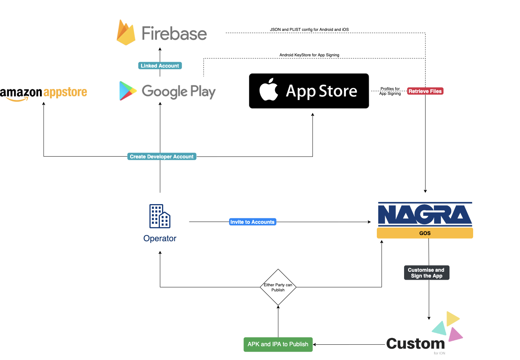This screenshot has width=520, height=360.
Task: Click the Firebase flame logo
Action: coord(126,33)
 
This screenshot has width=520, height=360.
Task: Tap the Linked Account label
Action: coord(160,66)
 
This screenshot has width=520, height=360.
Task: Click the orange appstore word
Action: coord(65,92)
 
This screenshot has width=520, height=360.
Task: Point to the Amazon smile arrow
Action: coord(17,99)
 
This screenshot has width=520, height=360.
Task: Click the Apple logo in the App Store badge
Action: coord(269,89)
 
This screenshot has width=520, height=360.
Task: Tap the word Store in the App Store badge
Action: coord(338,91)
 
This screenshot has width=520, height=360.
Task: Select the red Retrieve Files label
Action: coord(425,91)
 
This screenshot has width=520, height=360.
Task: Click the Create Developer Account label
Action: coord(162,157)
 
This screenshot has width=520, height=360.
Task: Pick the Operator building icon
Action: coord(160,216)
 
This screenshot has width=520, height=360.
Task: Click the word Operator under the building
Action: coord(160,239)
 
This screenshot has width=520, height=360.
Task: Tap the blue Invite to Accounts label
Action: coord(253,222)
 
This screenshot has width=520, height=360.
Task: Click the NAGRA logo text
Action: coord(425,214)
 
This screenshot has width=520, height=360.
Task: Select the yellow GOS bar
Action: coord(425,233)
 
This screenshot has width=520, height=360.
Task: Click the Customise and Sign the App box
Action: coord(427,273)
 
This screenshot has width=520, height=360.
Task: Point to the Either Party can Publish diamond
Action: coord(278,287)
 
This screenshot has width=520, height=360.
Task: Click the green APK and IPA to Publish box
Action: coord(278,344)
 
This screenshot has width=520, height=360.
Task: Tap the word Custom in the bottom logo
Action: coord(415,344)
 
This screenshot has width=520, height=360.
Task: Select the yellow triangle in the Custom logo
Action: coord(452,319)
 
